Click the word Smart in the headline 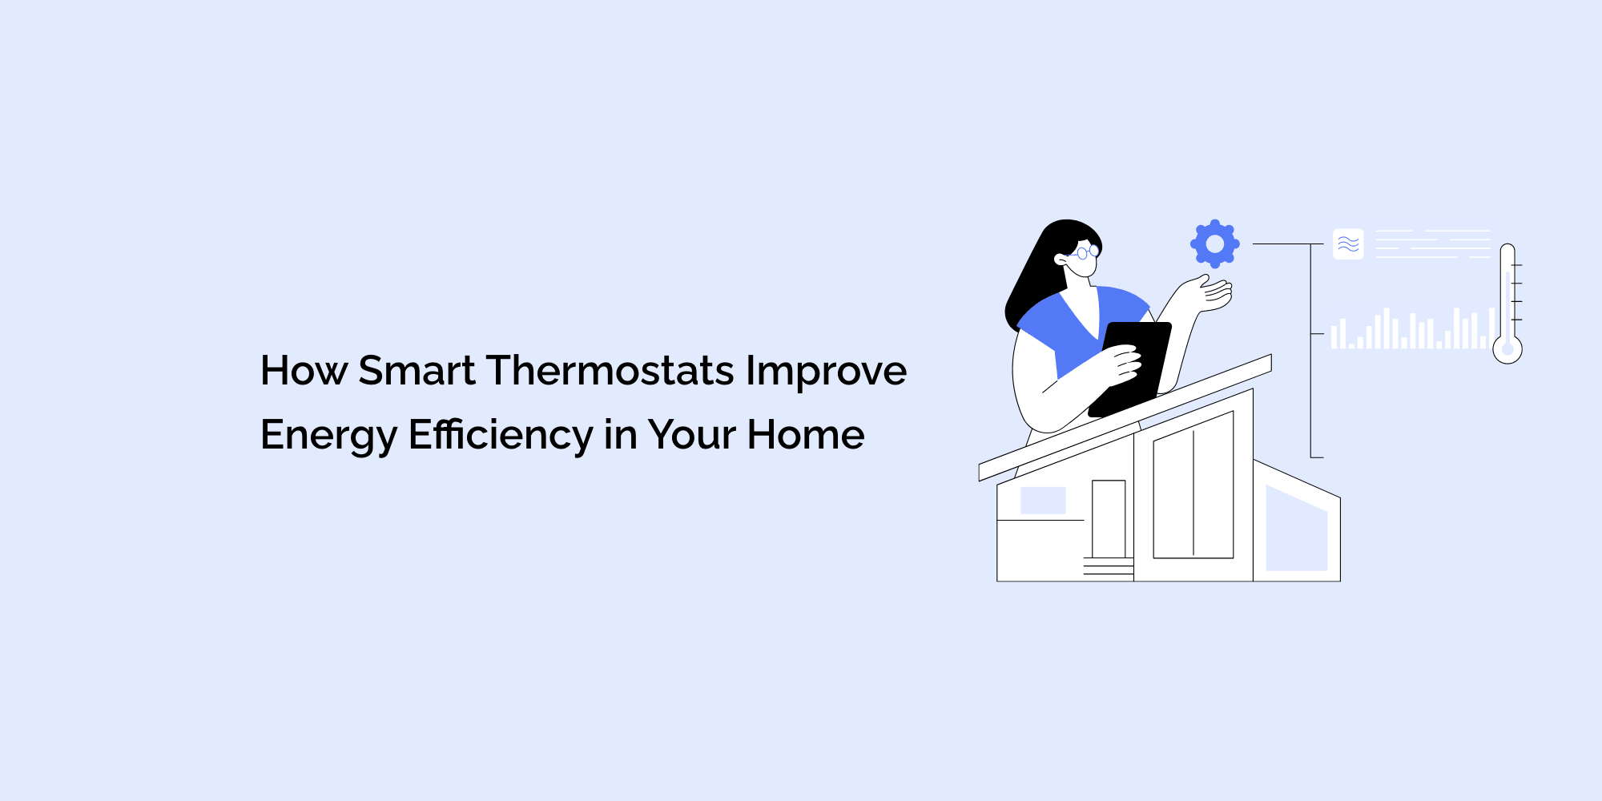pyautogui.click(x=417, y=371)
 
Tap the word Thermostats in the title pyautogui.click(x=610, y=371)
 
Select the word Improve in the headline pyautogui.click(x=826, y=371)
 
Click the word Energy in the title pyautogui.click(x=328, y=435)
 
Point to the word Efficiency pyautogui.click(x=501, y=435)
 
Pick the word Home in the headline pyautogui.click(x=805, y=435)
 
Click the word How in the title pyautogui.click(x=304, y=371)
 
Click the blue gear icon pyautogui.click(x=1214, y=244)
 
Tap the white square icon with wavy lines pyautogui.click(x=1348, y=244)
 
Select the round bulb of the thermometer pyautogui.click(x=1507, y=349)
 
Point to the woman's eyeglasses pyautogui.click(x=1085, y=253)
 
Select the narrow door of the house pyautogui.click(x=1109, y=518)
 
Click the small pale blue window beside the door pyautogui.click(x=1042, y=501)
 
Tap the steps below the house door pyautogui.click(x=1108, y=567)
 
